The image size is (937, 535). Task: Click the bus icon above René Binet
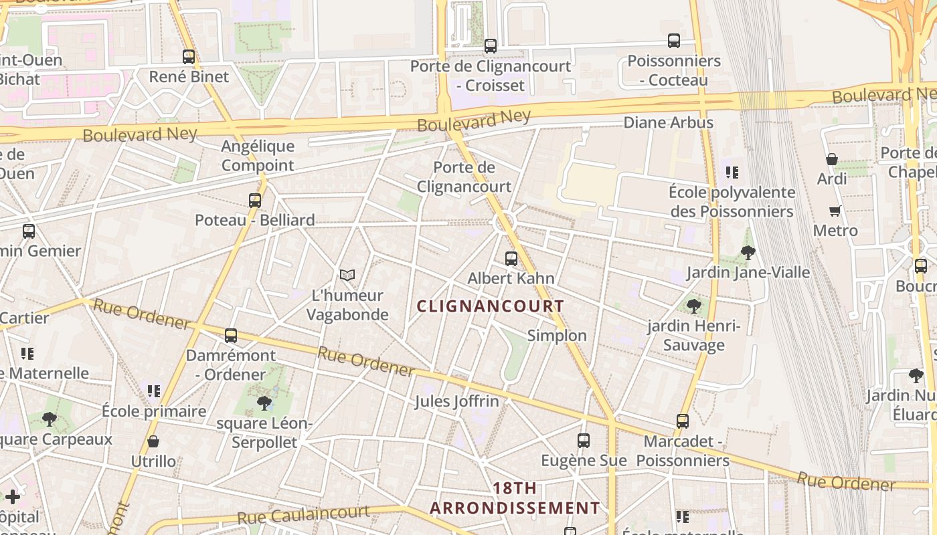pyautogui.click(x=189, y=57)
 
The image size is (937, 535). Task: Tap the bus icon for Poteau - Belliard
pyautogui.click(x=254, y=200)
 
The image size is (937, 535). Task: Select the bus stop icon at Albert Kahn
pyautogui.click(x=511, y=258)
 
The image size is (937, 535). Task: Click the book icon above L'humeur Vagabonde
pyautogui.click(x=347, y=275)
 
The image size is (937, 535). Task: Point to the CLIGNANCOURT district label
pyautogui.click(x=490, y=306)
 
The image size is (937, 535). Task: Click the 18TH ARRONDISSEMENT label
pyautogui.click(x=514, y=498)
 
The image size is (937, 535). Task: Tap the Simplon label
pyautogui.click(x=557, y=336)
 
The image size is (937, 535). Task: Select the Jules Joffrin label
pyautogui.click(x=456, y=401)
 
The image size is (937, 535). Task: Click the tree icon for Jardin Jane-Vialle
pyautogui.click(x=748, y=253)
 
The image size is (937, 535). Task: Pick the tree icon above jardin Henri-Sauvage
pyautogui.click(x=694, y=306)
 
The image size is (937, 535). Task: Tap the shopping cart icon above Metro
pyautogui.click(x=835, y=211)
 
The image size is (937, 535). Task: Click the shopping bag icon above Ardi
pyautogui.click(x=831, y=159)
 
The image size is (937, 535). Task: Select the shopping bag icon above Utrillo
pyautogui.click(x=153, y=441)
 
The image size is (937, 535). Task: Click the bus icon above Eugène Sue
pyautogui.click(x=583, y=441)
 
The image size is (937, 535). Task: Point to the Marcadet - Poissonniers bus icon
pyautogui.click(x=682, y=421)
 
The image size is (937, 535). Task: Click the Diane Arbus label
pyautogui.click(x=668, y=122)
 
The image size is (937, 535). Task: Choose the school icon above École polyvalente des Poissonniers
pyautogui.click(x=732, y=173)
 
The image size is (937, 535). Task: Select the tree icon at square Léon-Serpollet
pyautogui.click(x=264, y=403)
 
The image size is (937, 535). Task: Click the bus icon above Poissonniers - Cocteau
pyautogui.click(x=673, y=41)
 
